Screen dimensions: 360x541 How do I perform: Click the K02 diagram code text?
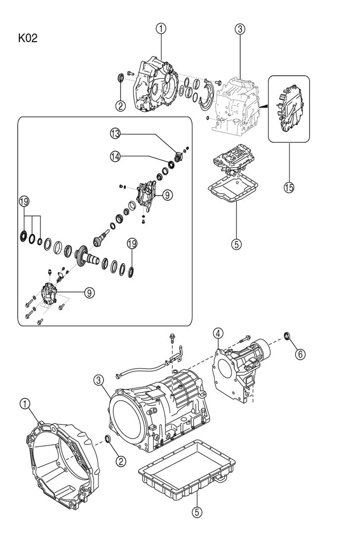(x=28, y=38)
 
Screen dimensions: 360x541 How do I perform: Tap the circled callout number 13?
(x=115, y=134)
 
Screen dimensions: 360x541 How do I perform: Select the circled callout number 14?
(x=115, y=156)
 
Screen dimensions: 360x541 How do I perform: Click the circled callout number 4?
(x=218, y=333)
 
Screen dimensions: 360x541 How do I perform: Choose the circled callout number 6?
(x=300, y=354)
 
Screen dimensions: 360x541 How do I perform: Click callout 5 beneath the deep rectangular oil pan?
(x=197, y=512)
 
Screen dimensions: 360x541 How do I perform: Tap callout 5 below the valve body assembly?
(x=237, y=244)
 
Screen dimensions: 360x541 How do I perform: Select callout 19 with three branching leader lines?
(x=25, y=202)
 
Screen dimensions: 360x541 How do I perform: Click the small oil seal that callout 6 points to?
(x=287, y=336)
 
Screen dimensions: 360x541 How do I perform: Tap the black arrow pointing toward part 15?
(x=264, y=107)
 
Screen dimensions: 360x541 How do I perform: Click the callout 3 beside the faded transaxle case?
(x=240, y=29)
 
